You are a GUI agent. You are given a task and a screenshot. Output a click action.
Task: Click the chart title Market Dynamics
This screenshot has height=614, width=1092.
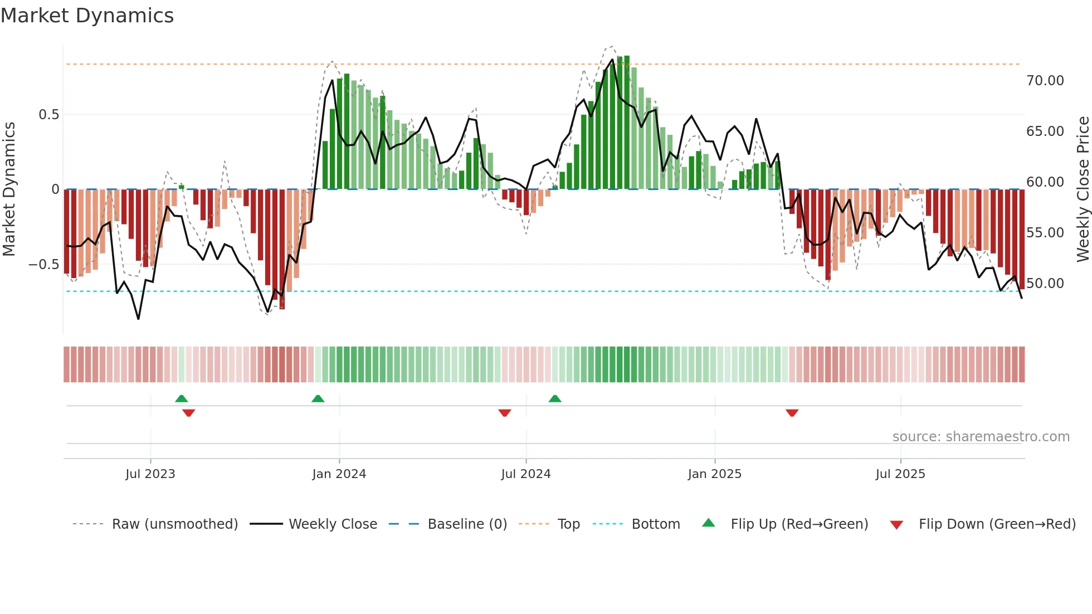tap(87, 16)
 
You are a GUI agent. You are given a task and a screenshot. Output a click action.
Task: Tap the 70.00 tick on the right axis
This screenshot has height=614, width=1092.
tap(1045, 81)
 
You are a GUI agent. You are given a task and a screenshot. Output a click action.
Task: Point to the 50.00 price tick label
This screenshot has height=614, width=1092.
tap(1045, 284)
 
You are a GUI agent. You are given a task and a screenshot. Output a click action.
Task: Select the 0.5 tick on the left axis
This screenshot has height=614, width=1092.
tap(49, 115)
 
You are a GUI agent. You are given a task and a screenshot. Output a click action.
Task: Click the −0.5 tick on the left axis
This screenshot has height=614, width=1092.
tap(44, 265)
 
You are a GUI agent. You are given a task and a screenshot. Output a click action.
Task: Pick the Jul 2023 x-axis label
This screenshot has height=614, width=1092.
tap(150, 474)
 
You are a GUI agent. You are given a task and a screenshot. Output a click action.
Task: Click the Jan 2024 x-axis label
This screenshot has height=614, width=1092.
tap(339, 474)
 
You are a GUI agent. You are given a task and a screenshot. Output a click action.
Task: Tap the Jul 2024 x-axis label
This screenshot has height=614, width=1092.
tap(525, 474)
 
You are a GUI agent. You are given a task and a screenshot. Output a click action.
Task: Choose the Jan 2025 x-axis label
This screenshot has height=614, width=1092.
tap(714, 474)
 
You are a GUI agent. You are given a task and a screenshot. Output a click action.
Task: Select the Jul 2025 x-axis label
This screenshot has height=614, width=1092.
tap(900, 474)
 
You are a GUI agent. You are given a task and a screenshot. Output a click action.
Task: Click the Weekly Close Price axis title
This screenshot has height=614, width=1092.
tap(1083, 189)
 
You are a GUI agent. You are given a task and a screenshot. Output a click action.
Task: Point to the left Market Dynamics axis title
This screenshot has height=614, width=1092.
tap(9, 189)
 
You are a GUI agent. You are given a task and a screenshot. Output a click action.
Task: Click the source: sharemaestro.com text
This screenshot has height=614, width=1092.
tap(981, 437)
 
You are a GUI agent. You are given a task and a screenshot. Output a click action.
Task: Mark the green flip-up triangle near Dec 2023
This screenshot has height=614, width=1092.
tap(318, 399)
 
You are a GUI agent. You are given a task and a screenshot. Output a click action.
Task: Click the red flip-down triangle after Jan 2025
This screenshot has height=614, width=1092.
tap(792, 412)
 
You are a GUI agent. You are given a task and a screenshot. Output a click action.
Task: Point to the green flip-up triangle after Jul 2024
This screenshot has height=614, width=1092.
tap(554, 399)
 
